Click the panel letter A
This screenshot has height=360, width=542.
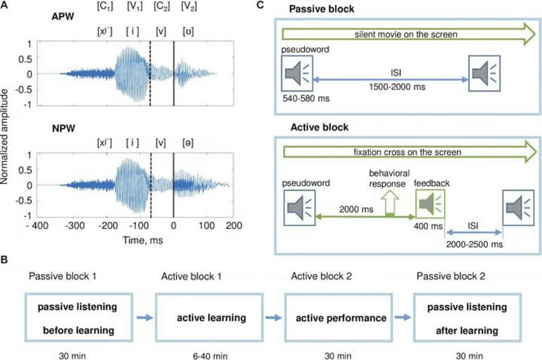[6, 6]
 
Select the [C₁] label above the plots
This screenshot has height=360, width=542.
[104, 6]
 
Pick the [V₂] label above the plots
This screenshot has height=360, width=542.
[188, 6]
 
